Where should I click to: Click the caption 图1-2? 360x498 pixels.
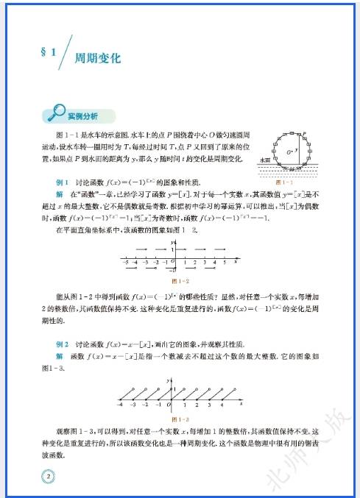(x=180, y=280)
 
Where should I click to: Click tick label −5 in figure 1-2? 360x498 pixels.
(x=126, y=261)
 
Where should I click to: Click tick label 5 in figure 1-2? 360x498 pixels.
(x=223, y=261)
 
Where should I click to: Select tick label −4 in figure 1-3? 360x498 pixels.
(x=119, y=404)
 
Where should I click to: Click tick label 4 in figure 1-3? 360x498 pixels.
(x=221, y=404)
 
